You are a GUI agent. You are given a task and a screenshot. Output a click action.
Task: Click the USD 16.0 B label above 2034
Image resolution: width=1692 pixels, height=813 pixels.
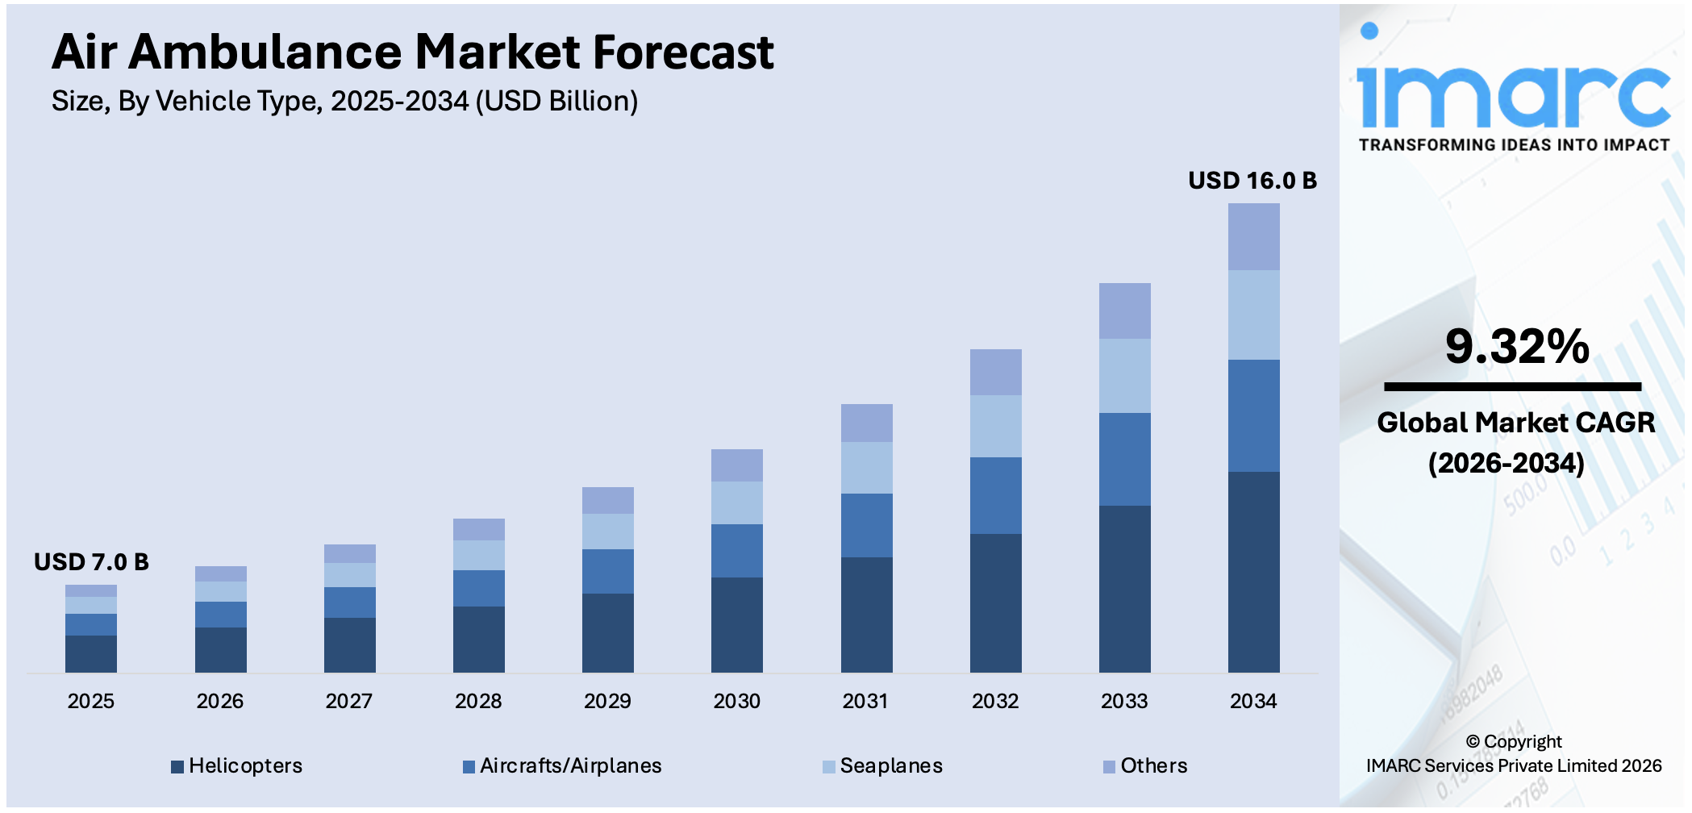click(1252, 181)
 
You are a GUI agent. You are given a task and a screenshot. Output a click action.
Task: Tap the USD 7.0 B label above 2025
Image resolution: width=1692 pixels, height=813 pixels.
click(91, 562)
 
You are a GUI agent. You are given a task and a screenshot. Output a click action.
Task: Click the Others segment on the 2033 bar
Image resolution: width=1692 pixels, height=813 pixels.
click(1124, 311)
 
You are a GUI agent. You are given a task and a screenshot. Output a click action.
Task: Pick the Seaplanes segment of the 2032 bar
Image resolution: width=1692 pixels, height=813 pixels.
click(995, 426)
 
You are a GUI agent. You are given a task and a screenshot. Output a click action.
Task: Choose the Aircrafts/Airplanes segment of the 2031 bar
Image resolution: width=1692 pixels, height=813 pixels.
click(866, 525)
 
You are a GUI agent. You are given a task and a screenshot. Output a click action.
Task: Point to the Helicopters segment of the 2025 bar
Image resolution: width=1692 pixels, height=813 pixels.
click(91, 653)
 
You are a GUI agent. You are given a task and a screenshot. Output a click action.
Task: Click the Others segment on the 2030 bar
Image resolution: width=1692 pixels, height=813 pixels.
click(736, 465)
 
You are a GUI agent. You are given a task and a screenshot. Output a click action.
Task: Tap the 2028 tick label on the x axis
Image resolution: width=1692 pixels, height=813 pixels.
click(478, 701)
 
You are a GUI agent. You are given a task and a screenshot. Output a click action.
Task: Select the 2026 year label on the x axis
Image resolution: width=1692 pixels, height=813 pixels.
click(220, 701)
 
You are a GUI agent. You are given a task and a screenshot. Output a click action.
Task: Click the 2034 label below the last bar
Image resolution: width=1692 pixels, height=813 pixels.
click(1253, 701)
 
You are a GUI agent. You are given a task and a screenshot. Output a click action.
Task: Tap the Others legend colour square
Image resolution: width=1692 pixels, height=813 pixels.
click(1109, 766)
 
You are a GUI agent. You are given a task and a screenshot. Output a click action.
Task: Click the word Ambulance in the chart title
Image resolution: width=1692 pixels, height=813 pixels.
click(265, 52)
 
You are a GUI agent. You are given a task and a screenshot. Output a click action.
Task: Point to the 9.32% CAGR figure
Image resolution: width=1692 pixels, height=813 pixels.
click(1516, 347)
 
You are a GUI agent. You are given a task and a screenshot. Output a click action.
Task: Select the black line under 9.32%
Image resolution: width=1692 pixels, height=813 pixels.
click(1512, 387)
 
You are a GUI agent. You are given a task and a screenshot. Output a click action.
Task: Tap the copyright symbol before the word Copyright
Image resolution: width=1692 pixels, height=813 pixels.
click(1473, 742)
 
